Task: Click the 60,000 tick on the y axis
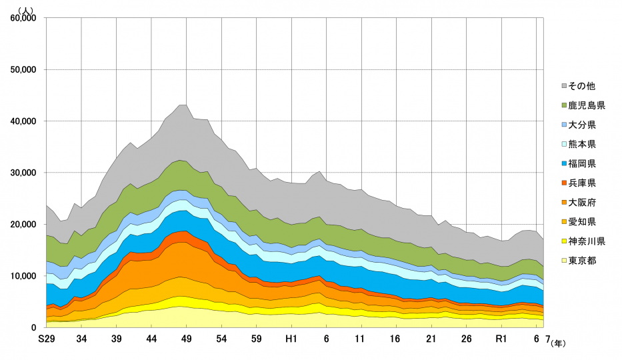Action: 25,18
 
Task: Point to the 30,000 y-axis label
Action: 25,173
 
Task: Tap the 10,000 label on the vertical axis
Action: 25,276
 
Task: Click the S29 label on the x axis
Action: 46,339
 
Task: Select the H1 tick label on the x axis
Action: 291,339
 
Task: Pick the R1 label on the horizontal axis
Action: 501,339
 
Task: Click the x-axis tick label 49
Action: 186,339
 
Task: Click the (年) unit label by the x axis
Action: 557,343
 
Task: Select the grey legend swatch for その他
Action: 564,86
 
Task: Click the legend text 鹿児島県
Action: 587,105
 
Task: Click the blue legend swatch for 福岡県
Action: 564,163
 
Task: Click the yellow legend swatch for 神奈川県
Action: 564,241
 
